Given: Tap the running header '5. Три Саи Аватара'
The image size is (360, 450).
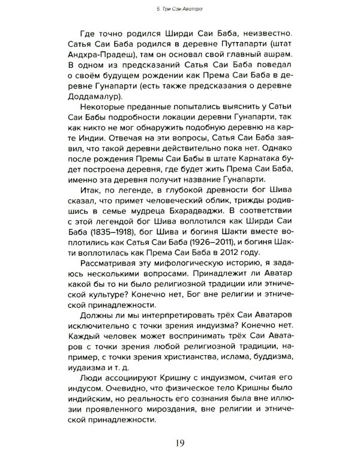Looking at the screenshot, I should click(180, 7).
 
